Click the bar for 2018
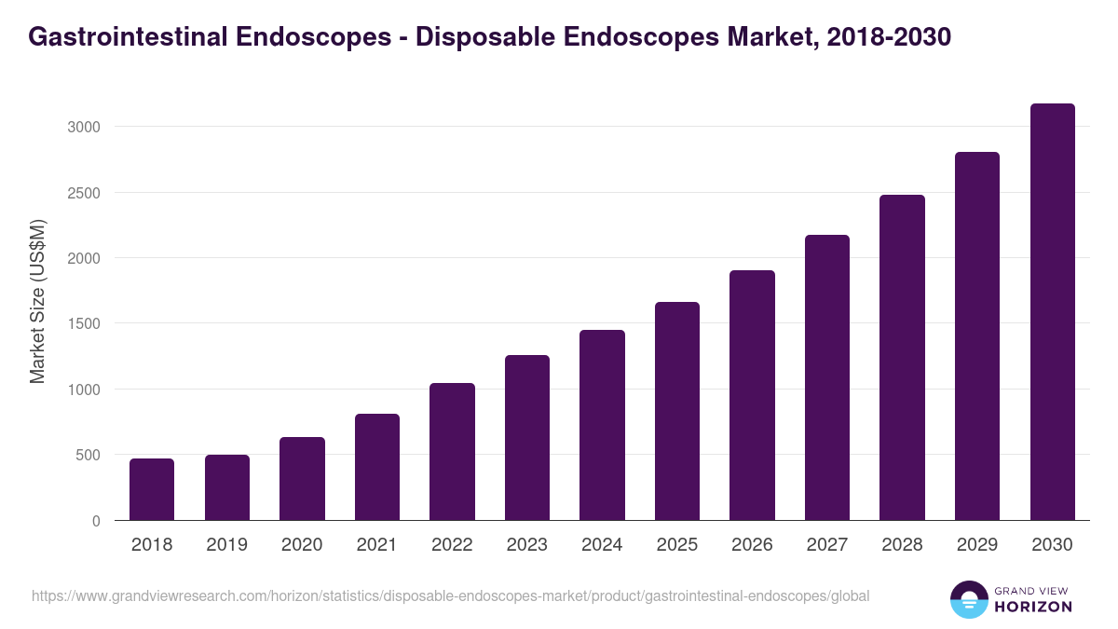[152, 489]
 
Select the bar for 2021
[376, 467]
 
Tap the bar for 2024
[602, 425]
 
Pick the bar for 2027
[827, 377]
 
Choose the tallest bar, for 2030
[1052, 312]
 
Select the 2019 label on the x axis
[226, 545]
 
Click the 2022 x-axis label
[452, 545]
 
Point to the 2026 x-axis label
[752, 545]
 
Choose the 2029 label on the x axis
[977, 545]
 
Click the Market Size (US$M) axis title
[37, 302]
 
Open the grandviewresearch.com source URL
[450, 595]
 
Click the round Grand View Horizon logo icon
[969, 599]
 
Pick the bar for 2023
[527, 438]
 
